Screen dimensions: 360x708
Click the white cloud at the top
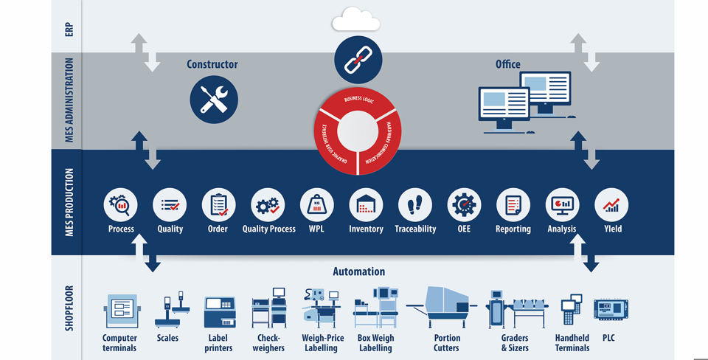point(356,20)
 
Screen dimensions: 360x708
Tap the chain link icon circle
point(358,59)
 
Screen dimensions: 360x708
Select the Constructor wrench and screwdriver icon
point(214,100)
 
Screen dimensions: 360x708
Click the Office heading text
point(507,64)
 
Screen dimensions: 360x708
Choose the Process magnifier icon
point(121,205)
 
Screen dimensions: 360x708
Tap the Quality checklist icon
point(170,205)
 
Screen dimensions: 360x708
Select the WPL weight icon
point(317,205)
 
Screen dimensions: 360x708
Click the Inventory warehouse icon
point(366,205)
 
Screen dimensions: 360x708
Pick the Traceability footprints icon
point(415,205)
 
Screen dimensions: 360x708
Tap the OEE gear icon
point(464,205)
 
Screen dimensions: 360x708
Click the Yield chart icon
point(611,205)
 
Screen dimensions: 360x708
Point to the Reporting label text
point(513,229)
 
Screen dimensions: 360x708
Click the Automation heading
point(358,271)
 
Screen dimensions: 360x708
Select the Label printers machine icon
point(219,312)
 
